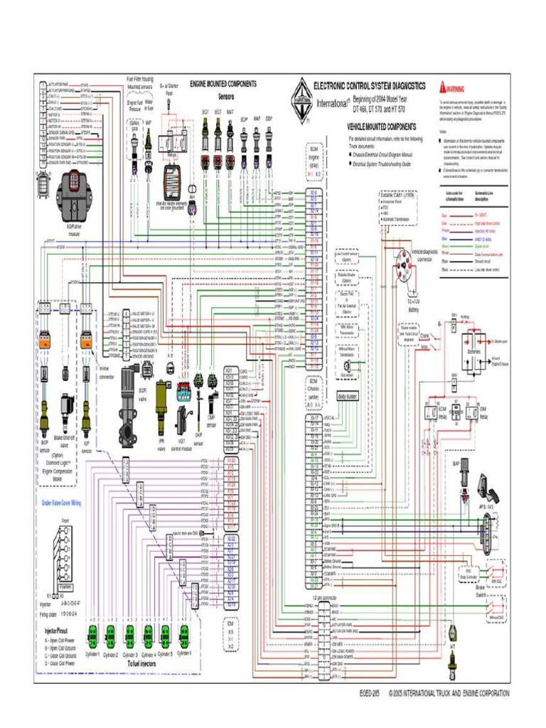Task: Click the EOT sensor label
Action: click(205, 112)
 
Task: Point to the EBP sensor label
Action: click(269, 119)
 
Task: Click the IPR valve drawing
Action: click(162, 409)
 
